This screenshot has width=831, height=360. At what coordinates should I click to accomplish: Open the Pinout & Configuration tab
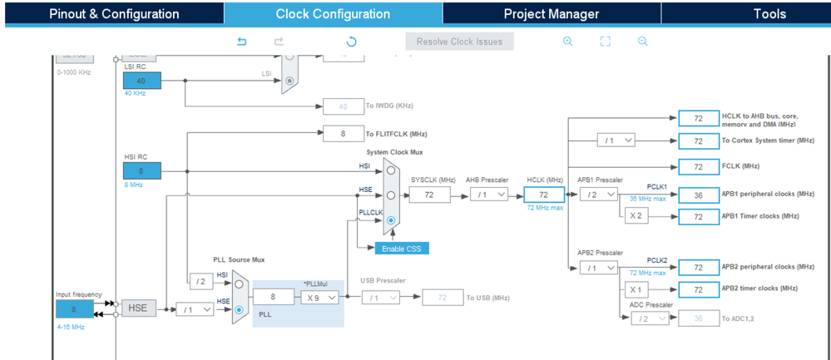(x=114, y=14)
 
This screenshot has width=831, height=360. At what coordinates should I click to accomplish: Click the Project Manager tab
(x=551, y=14)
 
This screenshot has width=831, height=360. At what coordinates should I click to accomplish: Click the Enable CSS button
(x=402, y=249)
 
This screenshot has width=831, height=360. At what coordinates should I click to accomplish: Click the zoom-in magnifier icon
(x=568, y=42)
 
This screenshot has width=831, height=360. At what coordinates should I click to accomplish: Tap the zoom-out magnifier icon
(x=643, y=42)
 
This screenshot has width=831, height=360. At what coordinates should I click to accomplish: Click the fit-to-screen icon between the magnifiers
(x=606, y=42)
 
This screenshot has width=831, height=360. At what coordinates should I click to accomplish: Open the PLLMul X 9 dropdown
(x=320, y=297)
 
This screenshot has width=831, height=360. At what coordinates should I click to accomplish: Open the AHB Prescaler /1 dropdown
(x=489, y=195)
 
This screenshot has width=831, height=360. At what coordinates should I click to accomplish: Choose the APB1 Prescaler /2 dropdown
(x=599, y=195)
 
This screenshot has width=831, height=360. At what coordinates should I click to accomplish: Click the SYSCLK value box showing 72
(x=429, y=195)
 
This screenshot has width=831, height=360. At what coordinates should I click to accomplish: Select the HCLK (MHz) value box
(x=544, y=195)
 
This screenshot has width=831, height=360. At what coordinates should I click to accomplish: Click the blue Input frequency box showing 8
(x=74, y=308)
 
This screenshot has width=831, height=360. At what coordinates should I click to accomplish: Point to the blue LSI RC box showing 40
(x=141, y=81)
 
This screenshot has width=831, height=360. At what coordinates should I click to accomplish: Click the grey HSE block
(x=138, y=308)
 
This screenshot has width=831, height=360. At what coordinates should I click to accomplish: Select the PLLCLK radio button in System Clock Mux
(x=391, y=221)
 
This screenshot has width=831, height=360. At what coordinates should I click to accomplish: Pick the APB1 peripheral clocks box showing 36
(x=699, y=195)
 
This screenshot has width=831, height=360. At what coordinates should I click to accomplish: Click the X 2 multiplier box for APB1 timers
(x=636, y=216)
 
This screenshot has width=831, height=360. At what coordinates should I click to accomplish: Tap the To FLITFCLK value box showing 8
(x=343, y=134)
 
